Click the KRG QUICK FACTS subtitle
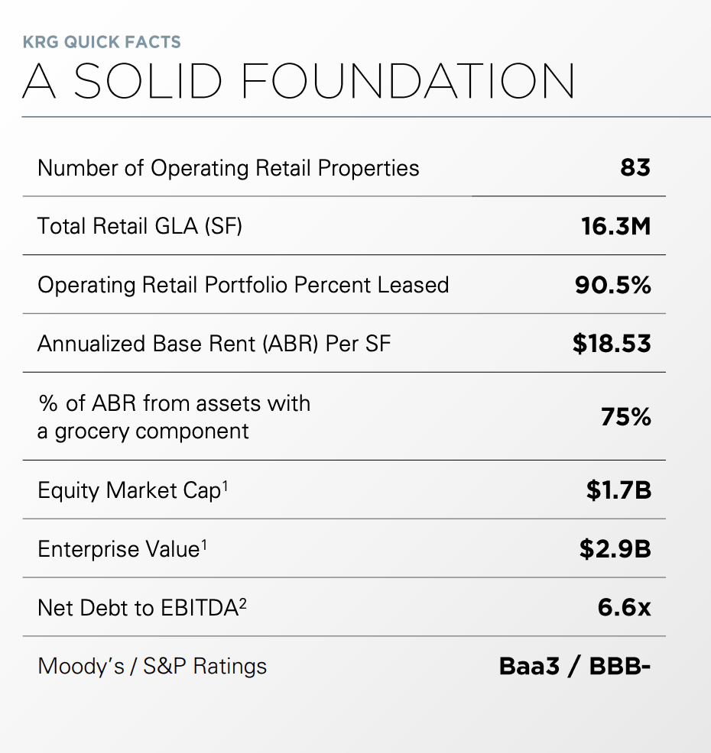[x=102, y=41]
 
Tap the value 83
[x=635, y=167]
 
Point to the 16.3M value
[x=615, y=226]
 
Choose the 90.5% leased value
[x=612, y=285]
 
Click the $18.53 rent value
[x=612, y=344]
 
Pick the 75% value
[x=625, y=417]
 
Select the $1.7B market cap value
[x=618, y=490]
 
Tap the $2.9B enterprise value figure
[x=615, y=549]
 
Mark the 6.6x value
[x=624, y=608]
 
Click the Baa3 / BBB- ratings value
[x=575, y=666]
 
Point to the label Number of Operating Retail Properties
[x=228, y=168]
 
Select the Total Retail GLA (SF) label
[x=140, y=226]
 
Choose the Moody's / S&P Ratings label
[x=152, y=666]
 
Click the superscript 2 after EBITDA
[x=244, y=602]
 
